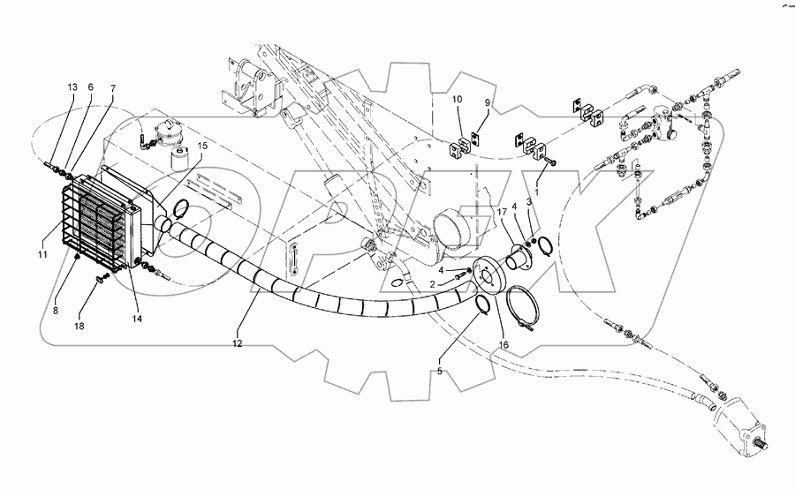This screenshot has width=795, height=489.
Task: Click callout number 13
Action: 72,87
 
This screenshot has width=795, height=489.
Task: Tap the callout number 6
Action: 90,87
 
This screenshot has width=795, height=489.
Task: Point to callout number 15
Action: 202,146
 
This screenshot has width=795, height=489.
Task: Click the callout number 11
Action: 42,255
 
